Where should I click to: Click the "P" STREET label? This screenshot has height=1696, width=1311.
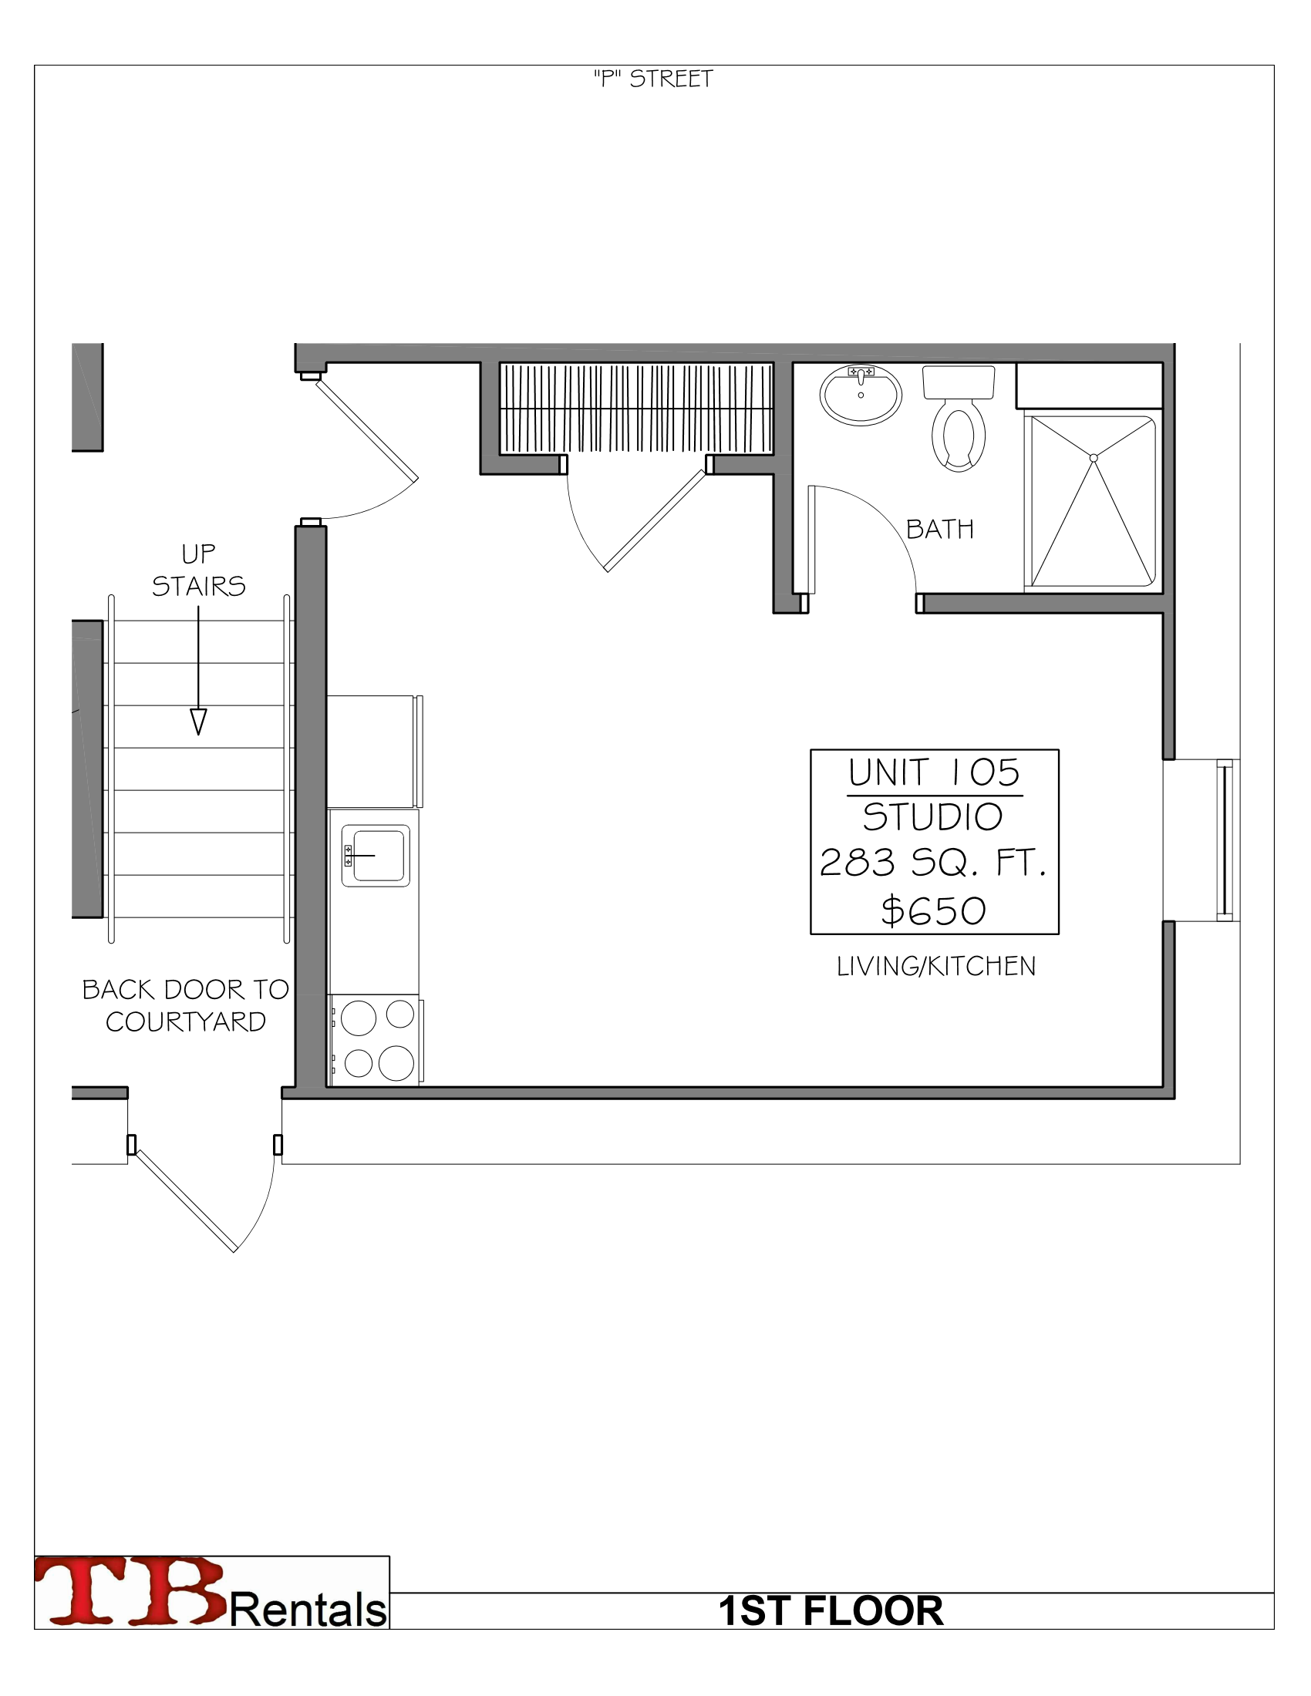coord(652,79)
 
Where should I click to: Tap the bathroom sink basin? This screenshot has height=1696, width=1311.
coord(860,396)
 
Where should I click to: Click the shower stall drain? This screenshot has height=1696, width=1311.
coord(1094,458)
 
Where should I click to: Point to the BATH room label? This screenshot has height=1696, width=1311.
coord(940,530)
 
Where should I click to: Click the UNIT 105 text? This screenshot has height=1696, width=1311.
coord(934,772)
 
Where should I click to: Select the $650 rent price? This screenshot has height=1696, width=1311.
coord(934,911)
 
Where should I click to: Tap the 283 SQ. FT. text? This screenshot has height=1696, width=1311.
coord(934,863)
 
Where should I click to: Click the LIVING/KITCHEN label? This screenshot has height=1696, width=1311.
coord(936,966)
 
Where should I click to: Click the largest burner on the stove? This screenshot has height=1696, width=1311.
coord(396,1063)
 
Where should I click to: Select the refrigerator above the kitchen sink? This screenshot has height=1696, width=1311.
coord(372,751)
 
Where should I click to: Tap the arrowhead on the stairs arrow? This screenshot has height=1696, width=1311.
coord(199,722)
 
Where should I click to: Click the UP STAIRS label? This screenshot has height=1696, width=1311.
coord(199,570)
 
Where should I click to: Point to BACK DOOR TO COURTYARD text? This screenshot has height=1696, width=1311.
coord(186,1004)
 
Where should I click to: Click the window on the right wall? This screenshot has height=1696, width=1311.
coord(1224,840)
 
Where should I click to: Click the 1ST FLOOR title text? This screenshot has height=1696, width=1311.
coord(831,1610)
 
